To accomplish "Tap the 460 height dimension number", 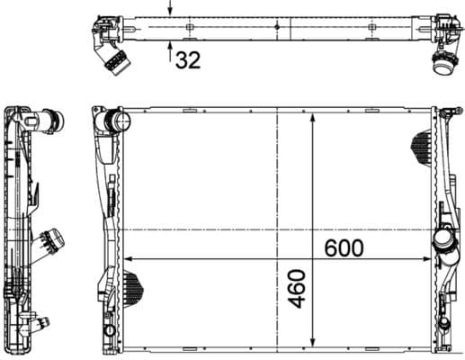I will point(297,287).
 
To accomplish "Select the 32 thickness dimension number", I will point(187,60).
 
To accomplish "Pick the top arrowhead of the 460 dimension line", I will point(312,119).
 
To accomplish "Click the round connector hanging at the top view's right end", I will point(443,63).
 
